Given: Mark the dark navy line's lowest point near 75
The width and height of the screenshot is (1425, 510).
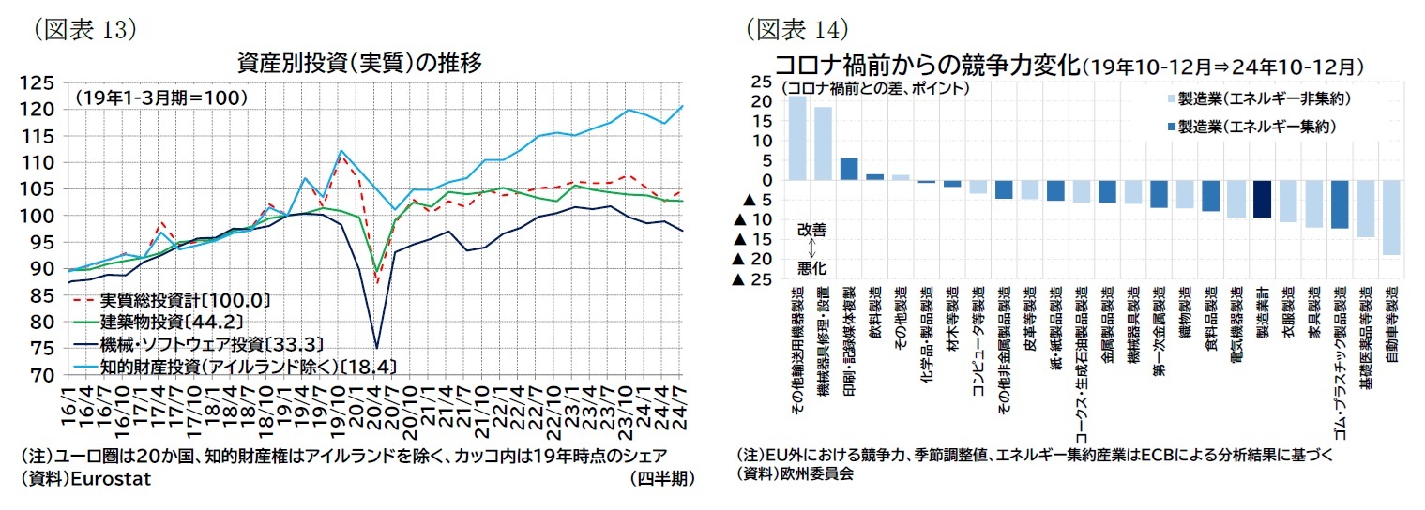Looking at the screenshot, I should click(x=376, y=347).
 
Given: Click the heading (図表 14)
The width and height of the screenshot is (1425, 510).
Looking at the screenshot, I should click(x=796, y=29).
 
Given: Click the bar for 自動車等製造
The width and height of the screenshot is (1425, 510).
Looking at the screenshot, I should click(x=1390, y=217).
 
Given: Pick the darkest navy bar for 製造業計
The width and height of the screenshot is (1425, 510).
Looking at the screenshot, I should click(x=1262, y=199).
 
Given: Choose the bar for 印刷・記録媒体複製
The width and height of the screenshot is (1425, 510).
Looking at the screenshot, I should click(x=849, y=169).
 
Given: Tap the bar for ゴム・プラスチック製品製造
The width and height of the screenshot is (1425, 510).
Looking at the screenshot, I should click(x=1339, y=204).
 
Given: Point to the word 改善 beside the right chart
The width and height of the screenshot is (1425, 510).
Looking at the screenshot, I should click(x=812, y=229).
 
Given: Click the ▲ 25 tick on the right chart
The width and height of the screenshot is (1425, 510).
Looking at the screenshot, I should click(x=757, y=279).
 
